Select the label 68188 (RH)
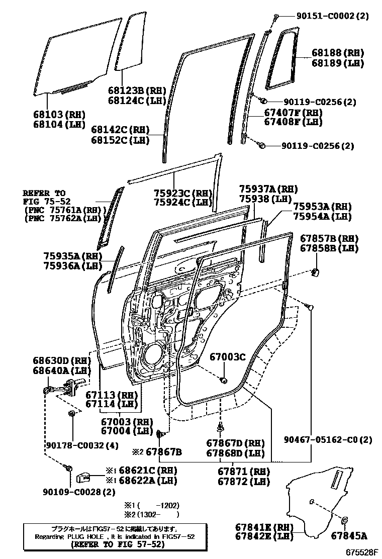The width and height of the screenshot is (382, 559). click(330, 53)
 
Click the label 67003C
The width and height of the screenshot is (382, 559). click(227, 357)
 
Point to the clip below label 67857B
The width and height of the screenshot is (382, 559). click(316, 272)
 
